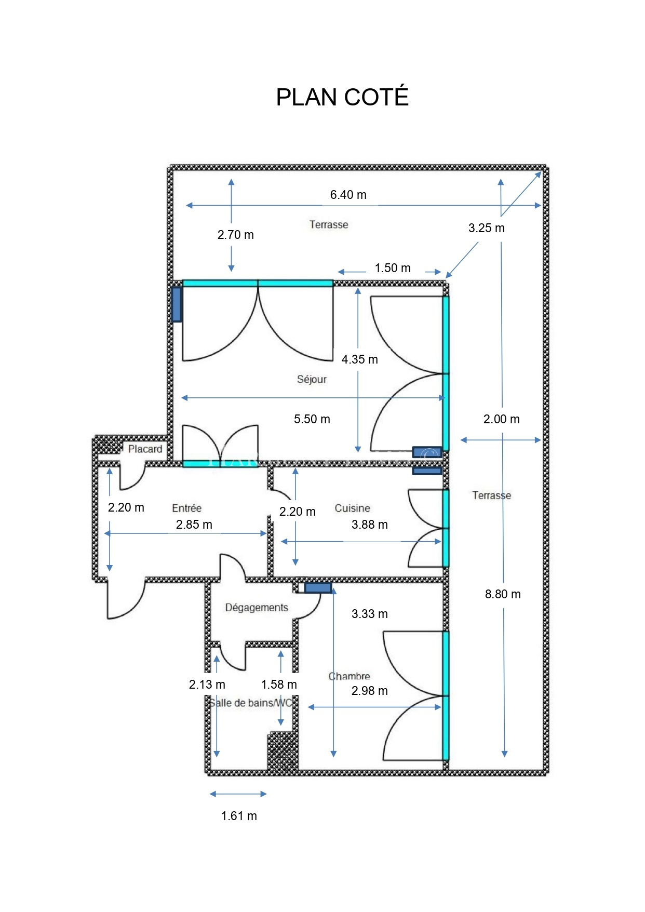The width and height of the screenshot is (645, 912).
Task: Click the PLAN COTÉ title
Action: tap(342, 97)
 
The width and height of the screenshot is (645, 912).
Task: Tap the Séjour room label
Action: tap(312, 379)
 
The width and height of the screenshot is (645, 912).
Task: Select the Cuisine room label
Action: tap(352, 508)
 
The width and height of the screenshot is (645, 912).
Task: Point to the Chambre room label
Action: tap(349, 676)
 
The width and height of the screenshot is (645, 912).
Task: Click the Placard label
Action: tap(145, 449)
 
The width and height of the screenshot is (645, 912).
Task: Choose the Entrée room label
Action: tap(187, 508)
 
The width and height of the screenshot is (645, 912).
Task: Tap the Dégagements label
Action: tap(257, 608)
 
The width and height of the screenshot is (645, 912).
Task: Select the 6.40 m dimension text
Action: tap(348, 195)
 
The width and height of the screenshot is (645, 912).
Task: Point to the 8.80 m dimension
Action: tap(503, 594)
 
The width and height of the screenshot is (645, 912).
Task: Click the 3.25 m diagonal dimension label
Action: tap(487, 228)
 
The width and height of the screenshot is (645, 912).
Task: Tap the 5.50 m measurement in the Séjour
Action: tap(312, 419)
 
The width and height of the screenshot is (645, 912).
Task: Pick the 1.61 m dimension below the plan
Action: tap(239, 816)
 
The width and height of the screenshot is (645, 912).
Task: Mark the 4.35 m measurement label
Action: tap(360, 359)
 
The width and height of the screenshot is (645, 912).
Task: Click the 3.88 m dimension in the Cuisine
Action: tap(370, 525)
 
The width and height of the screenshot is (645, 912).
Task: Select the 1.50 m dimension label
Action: tap(393, 268)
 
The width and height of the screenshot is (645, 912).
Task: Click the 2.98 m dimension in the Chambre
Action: tap(370, 691)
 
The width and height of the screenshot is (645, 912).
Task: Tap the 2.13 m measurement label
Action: tap(207, 685)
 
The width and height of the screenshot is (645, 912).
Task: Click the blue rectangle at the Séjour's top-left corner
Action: tap(177, 304)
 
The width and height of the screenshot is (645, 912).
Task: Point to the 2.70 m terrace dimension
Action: tap(236, 235)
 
